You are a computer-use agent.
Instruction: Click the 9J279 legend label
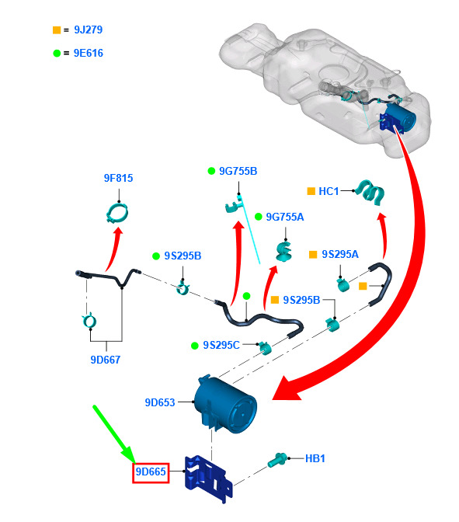point(89,30)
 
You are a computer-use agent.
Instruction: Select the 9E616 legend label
point(89,53)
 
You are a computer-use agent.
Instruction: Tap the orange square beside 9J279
point(57,30)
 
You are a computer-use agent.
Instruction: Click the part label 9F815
point(118,178)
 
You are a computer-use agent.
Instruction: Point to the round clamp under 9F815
point(117,212)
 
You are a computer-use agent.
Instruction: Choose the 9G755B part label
point(238,171)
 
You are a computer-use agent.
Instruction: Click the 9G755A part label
point(285,217)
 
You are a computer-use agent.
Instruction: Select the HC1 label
point(329,191)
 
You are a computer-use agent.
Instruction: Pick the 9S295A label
point(340,254)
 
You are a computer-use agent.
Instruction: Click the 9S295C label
point(221,345)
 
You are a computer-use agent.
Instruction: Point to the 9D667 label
point(105,360)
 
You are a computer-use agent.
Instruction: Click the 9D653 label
point(160,402)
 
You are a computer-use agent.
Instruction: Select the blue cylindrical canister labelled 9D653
point(226,405)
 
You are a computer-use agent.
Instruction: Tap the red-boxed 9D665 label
point(151,473)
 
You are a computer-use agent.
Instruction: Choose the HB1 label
point(315,458)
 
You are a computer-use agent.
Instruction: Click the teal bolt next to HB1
point(277,461)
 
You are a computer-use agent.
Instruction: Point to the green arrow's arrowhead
point(129,454)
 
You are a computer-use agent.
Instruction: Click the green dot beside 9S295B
point(156,256)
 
